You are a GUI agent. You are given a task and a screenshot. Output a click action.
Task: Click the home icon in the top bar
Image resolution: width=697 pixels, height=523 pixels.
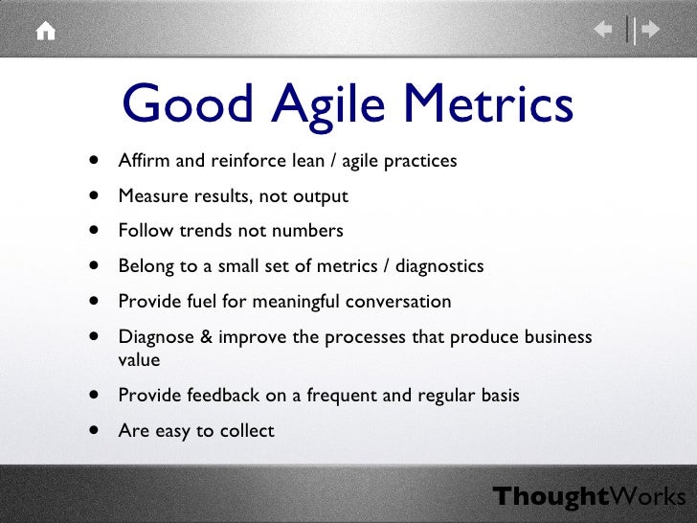(45, 31)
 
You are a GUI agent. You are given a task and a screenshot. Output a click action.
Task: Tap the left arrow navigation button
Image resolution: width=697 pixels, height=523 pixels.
(604, 31)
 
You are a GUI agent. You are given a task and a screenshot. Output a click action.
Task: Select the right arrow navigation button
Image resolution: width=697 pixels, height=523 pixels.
(650, 31)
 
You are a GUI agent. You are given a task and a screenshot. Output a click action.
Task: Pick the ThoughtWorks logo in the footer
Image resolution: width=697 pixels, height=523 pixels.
(589, 496)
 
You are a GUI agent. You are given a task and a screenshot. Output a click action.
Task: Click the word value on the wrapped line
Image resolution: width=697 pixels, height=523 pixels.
(139, 361)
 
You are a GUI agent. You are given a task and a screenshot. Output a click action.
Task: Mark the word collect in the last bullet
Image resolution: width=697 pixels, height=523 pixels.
(247, 431)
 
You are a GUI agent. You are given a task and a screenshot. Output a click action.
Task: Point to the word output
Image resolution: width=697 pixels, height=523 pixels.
(321, 196)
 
